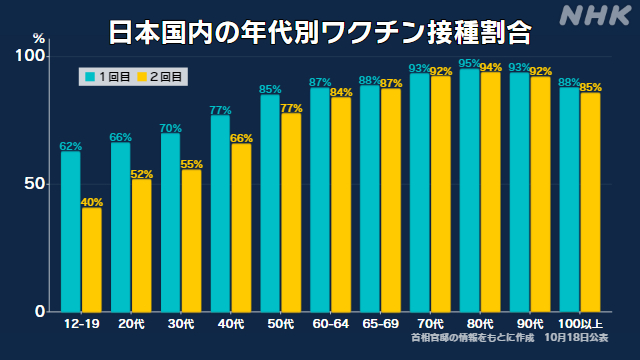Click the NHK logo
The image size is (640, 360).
[596, 16]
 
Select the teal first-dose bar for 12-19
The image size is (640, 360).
[71, 232]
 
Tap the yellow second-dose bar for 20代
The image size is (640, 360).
[141, 246]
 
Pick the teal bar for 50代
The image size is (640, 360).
[270, 204]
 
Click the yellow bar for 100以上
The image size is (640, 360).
[590, 202]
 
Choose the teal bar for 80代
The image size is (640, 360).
[469, 191]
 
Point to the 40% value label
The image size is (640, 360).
[92, 202]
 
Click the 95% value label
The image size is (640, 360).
[469, 63]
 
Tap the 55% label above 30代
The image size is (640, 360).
[191, 164]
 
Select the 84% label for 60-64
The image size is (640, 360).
[341, 92]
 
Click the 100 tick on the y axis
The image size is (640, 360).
[29, 56]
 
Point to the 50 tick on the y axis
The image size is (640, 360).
[34, 184]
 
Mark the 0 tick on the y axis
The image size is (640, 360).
[40, 311]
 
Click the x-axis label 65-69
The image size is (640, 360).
[380, 324]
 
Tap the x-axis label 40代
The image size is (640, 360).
[231, 324]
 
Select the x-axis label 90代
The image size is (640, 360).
[530, 324]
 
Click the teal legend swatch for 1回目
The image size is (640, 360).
[90, 77]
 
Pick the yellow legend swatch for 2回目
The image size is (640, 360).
[142, 77]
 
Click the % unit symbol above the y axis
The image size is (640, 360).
[39, 39]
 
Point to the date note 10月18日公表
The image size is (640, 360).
[576, 338]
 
